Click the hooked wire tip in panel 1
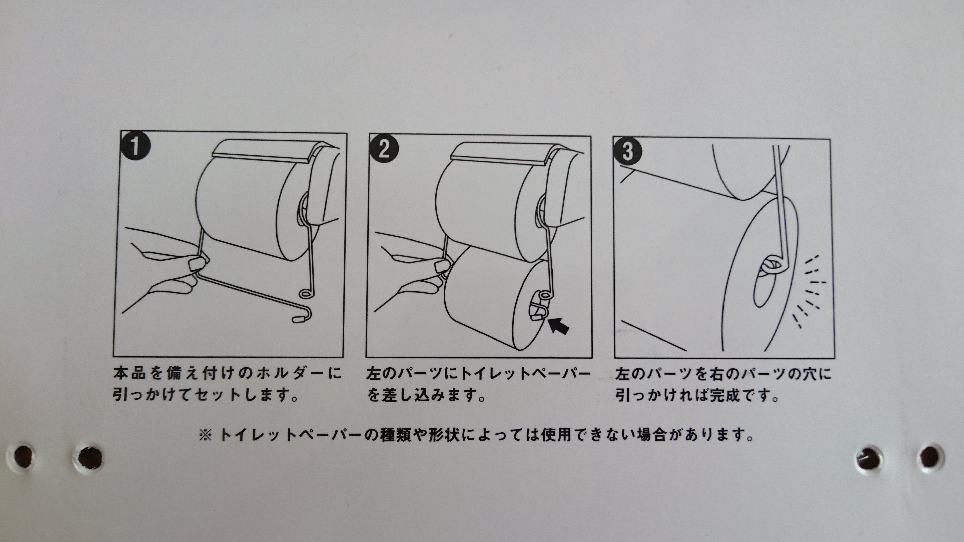click(298, 319)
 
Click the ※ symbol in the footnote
click(205, 435)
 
